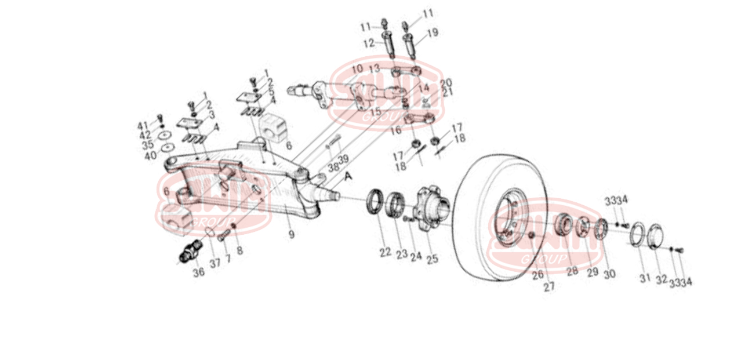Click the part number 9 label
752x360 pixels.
[291, 234]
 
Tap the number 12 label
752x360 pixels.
[369, 43]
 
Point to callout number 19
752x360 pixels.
[433, 34]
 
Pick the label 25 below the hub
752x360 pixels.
[432, 259]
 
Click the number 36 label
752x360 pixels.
[199, 272]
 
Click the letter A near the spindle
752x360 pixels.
[348, 177]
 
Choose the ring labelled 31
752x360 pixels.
[637, 234]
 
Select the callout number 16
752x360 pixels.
[395, 131]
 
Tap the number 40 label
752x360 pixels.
[150, 155]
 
